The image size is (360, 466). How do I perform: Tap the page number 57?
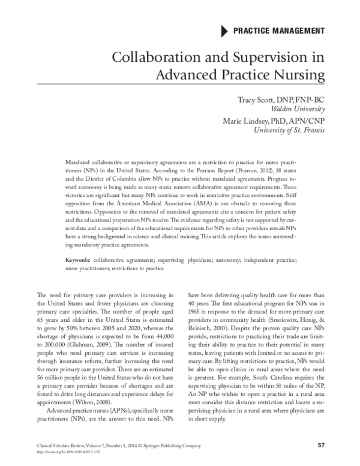tap(320, 444)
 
